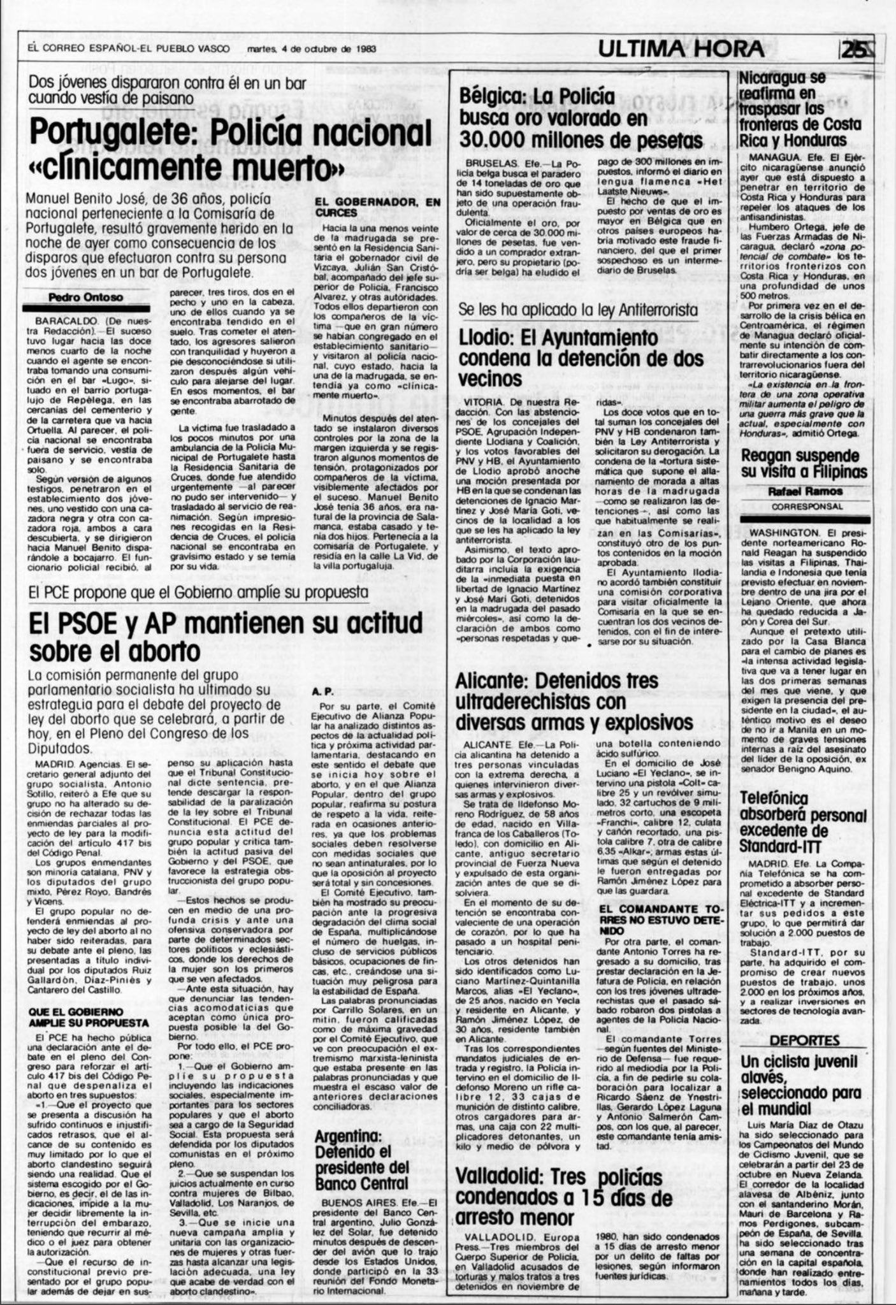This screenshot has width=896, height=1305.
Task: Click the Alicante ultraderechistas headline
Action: click(x=574, y=702)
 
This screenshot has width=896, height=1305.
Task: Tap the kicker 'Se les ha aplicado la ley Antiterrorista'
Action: click(x=578, y=310)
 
